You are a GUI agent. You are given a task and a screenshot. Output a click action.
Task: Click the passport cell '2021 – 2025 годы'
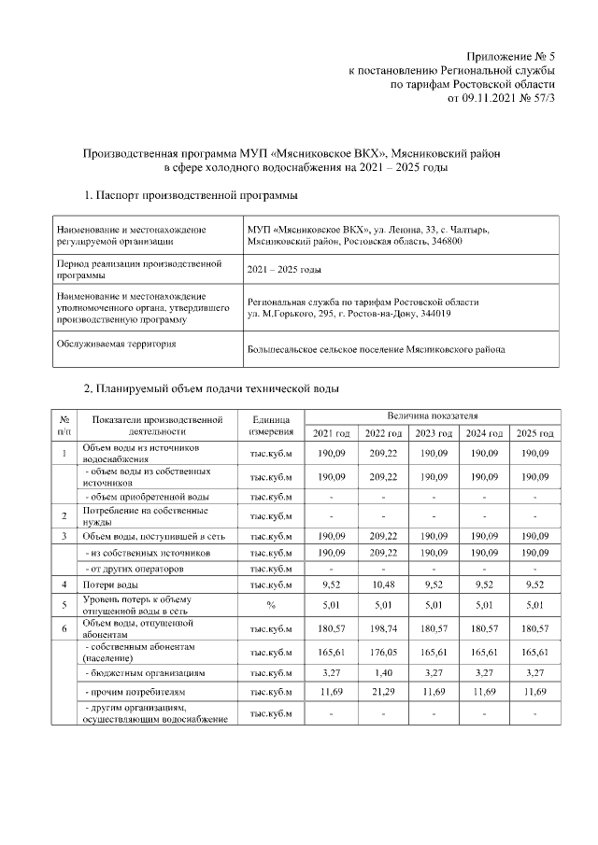pos(284,270)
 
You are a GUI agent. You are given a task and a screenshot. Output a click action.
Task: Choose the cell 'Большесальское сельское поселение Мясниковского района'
pos(376,349)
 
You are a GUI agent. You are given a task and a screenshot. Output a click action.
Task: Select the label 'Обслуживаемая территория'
pos(116,344)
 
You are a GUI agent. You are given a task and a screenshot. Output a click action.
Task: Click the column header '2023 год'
pos(434,433)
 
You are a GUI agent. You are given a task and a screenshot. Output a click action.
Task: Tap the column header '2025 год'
pos(534,433)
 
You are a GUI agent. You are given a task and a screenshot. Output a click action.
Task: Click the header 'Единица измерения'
pos(272,425)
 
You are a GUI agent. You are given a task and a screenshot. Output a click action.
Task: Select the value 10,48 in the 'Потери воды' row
pos(383,584)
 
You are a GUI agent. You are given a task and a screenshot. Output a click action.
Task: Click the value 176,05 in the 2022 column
pos(383,651)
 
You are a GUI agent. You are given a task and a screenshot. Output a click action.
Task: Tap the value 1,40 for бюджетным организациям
pos(383,671)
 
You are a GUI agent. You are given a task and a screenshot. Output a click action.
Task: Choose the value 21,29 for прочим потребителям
pos(383,694)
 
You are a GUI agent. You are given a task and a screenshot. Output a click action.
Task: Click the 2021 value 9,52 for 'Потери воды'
pos(332,584)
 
